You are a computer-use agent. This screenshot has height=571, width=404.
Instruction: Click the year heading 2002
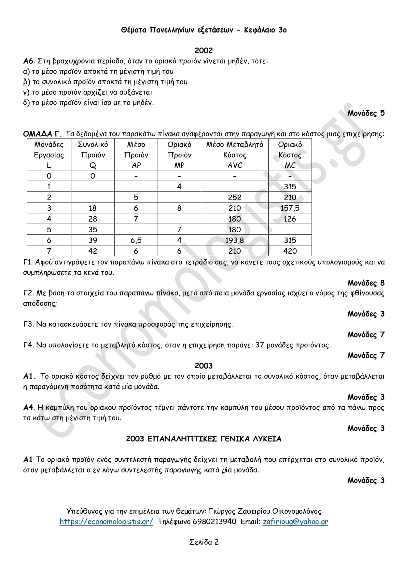click(x=203, y=50)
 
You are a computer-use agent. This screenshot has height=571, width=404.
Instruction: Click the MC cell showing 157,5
click(x=290, y=208)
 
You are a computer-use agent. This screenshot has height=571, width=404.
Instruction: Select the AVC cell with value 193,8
click(x=234, y=240)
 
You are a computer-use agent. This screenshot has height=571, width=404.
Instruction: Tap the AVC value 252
click(x=234, y=197)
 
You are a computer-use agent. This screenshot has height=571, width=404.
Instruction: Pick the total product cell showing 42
click(x=93, y=251)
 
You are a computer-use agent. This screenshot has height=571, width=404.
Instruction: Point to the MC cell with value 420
click(x=290, y=251)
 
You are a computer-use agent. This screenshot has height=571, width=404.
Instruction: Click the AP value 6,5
click(x=136, y=240)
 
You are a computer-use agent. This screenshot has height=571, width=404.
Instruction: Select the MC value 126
click(x=290, y=219)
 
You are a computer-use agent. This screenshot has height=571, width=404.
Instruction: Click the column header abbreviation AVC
click(x=234, y=165)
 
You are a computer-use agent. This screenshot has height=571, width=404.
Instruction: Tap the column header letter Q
click(x=93, y=166)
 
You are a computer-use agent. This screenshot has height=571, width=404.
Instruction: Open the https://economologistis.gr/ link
click(x=106, y=522)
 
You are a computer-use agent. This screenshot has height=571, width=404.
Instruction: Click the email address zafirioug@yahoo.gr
click(x=295, y=522)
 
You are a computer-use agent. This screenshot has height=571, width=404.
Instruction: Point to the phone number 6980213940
click(x=215, y=522)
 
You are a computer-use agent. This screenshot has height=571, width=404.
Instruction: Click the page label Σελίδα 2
click(x=204, y=542)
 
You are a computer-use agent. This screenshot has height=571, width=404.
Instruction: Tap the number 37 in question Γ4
click(x=260, y=345)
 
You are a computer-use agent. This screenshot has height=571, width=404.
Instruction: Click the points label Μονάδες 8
click(x=366, y=283)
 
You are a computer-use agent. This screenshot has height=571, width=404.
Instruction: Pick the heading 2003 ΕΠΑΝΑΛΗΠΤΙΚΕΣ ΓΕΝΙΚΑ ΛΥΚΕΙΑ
click(x=203, y=439)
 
